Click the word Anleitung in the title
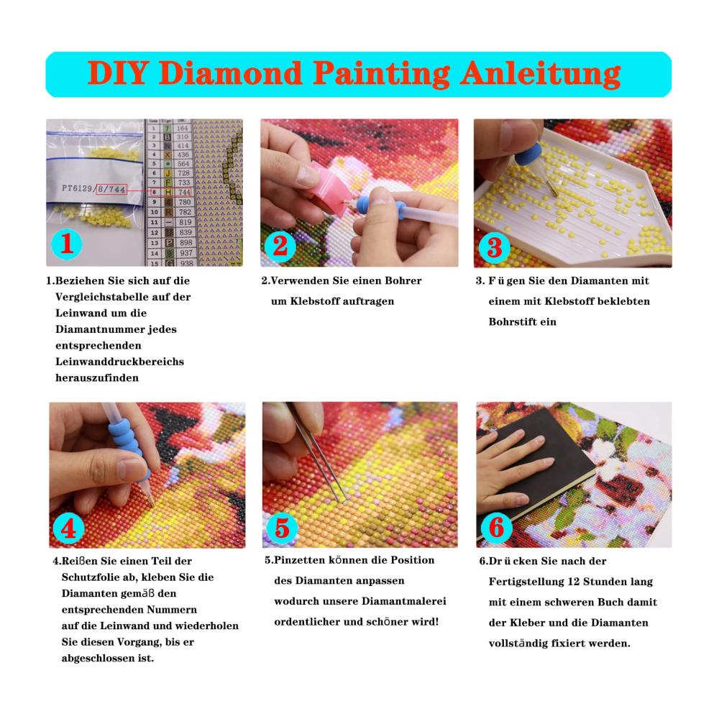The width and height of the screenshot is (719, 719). [541, 74]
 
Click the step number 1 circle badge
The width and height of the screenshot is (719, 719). [67, 244]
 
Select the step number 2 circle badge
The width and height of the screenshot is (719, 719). [280, 246]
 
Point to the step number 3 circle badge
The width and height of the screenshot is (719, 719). [495, 247]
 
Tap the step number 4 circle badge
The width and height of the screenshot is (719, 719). [68, 528]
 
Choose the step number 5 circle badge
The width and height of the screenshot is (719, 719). [282, 528]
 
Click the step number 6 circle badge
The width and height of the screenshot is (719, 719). [497, 527]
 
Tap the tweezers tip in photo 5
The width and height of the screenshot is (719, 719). [342, 500]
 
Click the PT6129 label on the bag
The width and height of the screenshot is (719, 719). [78, 188]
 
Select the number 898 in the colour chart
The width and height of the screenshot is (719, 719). [186, 242]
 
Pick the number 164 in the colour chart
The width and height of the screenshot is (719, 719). [183, 128]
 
